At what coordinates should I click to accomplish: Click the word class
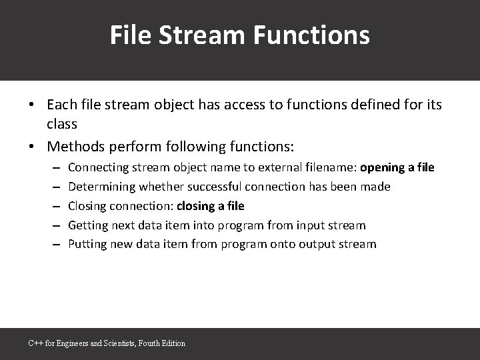[62, 123]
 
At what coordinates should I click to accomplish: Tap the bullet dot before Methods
[31, 146]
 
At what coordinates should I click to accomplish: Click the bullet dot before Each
[31, 105]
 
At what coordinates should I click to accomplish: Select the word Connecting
[98, 167]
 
